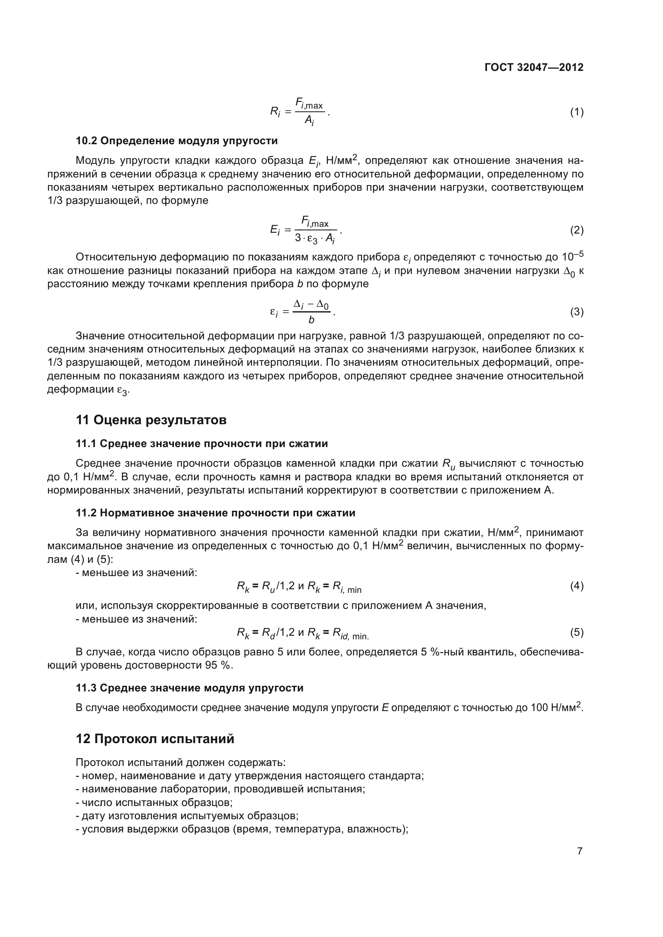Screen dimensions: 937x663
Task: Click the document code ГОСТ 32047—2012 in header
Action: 534,67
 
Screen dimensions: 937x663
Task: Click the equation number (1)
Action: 576,112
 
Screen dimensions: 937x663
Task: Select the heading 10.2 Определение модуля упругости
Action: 176,141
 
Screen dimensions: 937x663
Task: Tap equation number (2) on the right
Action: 576,230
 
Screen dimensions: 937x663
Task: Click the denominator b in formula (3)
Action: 311,320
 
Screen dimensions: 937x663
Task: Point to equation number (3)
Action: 576,312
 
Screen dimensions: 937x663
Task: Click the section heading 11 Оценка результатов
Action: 151,420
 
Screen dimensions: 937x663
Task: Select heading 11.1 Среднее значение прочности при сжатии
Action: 202,443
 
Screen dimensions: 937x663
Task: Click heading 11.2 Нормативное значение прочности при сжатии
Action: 215,513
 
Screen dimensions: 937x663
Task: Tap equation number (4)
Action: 576,586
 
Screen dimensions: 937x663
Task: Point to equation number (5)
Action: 576,633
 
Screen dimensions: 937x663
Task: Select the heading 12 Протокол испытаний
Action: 155,739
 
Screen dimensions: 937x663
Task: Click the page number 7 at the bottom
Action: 580,851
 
